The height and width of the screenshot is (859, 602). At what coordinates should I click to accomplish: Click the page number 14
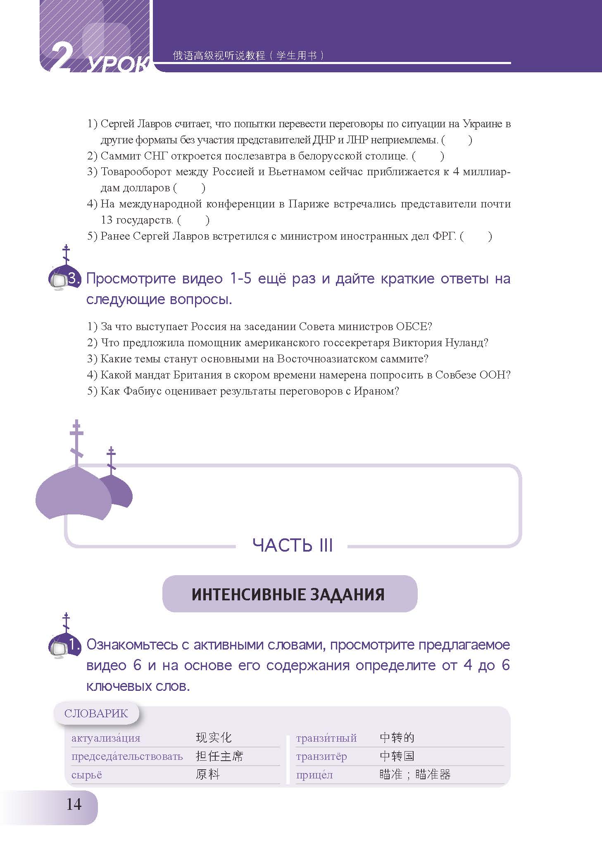(x=74, y=804)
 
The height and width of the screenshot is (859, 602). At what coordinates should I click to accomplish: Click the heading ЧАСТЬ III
(x=293, y=545)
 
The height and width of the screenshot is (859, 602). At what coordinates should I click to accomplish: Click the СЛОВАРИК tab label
(x=96, y=714)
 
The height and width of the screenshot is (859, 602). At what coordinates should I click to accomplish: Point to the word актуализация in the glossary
(x=106, y=738)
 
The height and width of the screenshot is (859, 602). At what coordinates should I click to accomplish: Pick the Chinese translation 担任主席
(x=219, y=756)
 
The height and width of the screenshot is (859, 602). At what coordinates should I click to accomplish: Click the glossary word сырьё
(x=87, y=775)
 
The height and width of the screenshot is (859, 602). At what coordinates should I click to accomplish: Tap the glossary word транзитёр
(x=321, y=757)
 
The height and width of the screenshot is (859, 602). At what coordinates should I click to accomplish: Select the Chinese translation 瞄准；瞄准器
(x=415, y=774)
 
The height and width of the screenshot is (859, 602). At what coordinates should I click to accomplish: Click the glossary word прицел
(x=314, y=775)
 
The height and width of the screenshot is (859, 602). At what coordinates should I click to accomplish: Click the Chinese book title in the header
(x=248, y=55)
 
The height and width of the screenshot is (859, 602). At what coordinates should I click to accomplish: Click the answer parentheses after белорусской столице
(x=428, y=156)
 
